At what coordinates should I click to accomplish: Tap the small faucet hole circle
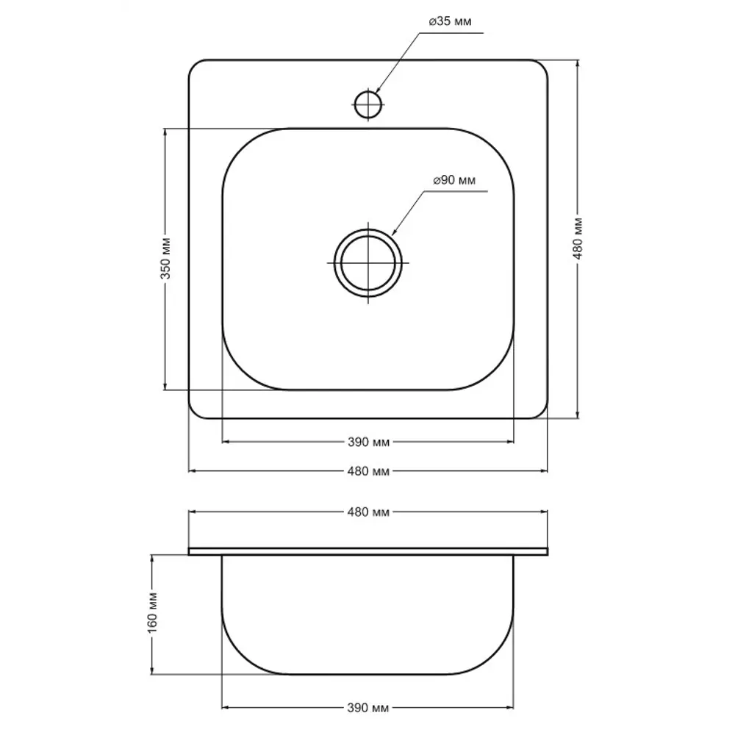[x=367, y=104]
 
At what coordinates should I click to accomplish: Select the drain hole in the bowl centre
[x=368, y=262]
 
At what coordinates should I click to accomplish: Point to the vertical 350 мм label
[x=165, y=259]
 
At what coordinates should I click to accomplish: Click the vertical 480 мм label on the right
[x=578, y=239]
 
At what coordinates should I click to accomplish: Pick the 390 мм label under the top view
[x=368, y=442]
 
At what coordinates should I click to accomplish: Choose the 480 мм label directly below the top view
[x=368, y=471]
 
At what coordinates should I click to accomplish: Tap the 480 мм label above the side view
[x=368, y=512]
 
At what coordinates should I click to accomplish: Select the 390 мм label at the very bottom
[x=368, y=708]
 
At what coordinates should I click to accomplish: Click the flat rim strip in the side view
[x=368, y=551]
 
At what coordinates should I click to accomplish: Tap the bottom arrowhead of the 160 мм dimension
[x=153, y=671]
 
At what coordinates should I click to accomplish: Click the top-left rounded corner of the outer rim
[x=195, y=66]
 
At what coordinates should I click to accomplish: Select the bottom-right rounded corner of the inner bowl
[x=500, y=376]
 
